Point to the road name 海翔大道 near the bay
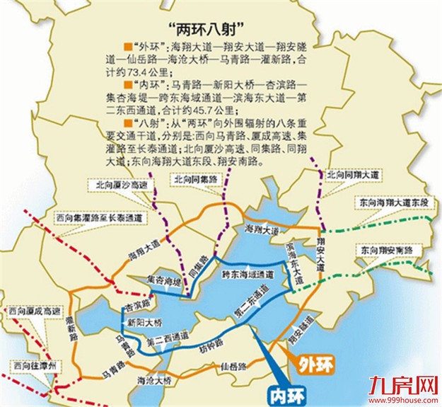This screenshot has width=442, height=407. click(x=259, y=229)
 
